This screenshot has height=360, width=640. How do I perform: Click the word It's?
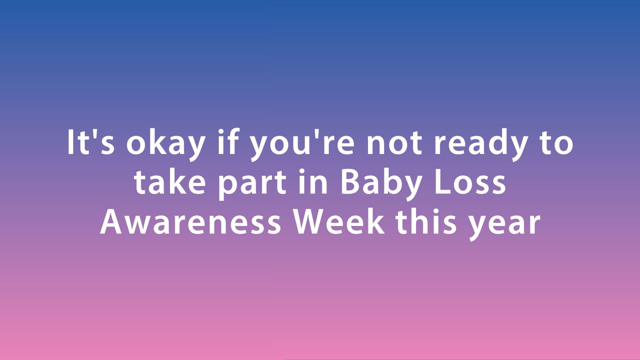point(91,142)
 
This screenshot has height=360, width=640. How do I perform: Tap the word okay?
point(166,144)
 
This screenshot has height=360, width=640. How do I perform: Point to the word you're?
point(302,144)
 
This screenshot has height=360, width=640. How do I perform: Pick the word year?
point(504,226)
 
